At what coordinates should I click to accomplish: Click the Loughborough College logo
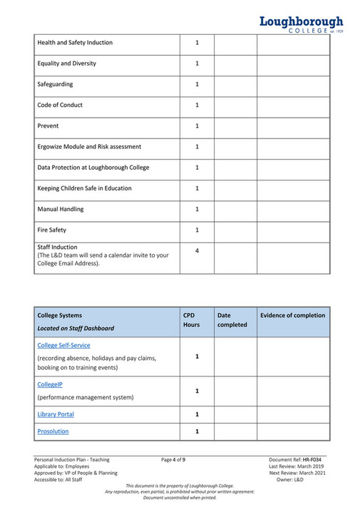(x=301, y=25)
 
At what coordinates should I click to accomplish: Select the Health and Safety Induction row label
(x=75, y=43)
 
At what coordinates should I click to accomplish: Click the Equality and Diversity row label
(x=66, y=63)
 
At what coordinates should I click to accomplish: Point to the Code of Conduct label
(x=60, y=105)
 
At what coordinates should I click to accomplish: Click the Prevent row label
(x=48, y=125)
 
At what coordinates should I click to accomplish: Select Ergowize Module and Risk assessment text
(x=89, y=147)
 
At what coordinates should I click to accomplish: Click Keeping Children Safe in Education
(x=84, y=188)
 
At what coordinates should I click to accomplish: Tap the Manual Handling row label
(x=60, y=209)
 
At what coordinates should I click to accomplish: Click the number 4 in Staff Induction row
(x=197, y=251)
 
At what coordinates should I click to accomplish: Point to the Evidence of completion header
(x=292, y=315)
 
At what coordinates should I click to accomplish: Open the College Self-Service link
(x=63, y=345)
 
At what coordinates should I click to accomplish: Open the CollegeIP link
(x=50, y=384)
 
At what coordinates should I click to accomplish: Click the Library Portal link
(x=56, y=414)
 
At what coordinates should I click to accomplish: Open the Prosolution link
(x=53, y=431)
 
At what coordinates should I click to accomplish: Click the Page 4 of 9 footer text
(x=173, y=460)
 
